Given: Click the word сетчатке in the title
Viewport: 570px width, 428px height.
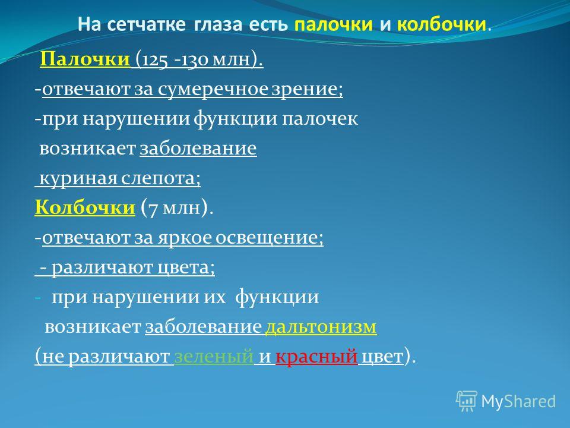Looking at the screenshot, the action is pos(147,24).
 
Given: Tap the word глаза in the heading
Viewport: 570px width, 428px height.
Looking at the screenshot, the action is pos(218,25).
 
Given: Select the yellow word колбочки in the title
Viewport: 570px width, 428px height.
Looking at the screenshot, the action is pos(441,24).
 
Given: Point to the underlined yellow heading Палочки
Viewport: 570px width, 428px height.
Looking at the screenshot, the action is pos(85,59).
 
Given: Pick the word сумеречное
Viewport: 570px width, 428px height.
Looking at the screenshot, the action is pos(213,90).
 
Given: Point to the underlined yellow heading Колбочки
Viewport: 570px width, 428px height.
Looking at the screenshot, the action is pos(85,207).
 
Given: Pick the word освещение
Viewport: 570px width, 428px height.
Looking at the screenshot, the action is pos(269,238).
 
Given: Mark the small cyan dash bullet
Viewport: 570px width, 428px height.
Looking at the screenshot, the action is pos(38,298).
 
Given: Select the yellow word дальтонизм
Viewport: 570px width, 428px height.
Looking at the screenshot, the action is pos(321,326).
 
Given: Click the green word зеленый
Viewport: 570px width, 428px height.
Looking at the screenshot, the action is pos(214,356).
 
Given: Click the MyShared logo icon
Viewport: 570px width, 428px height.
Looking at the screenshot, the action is pos(467,401).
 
